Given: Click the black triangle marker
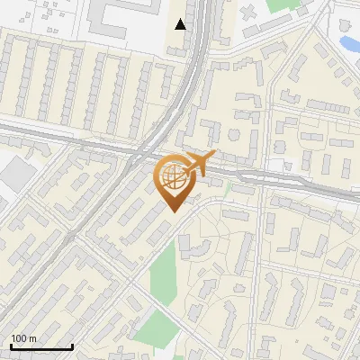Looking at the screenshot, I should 181,24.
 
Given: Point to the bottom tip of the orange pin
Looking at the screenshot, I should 172,212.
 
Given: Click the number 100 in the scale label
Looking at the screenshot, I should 19,338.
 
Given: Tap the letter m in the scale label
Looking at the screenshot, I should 31,338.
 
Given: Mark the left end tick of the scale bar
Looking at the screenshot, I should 11,346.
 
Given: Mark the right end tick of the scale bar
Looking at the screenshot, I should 72,346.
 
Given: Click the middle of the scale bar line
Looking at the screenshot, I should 41,347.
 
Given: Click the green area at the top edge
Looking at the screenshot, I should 280,5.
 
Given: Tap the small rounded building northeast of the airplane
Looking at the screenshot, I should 234,135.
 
